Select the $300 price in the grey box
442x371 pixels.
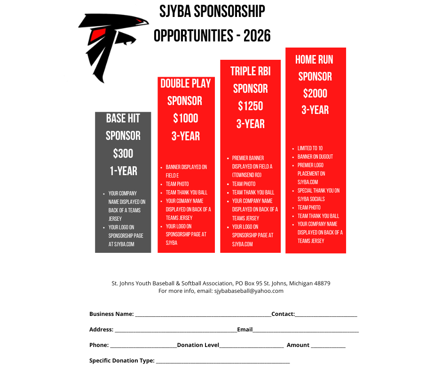(x=123, y=153)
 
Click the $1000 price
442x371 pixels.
(x=186, y=118)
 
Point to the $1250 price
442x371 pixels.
(x=251, y=106)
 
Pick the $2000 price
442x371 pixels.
(x=316, y=93)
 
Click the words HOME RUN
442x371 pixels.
(x=314, y=60)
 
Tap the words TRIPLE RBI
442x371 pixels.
(x=251, y=71)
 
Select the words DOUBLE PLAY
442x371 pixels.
(x=186, y=84)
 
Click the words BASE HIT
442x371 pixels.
(x=123, y=118)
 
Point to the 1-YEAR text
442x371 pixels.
(x=123, y=171)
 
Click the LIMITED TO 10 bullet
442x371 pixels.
(x=310, y=148)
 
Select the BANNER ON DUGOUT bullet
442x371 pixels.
(x=315, y=157)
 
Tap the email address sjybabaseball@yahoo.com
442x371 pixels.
(x=249, y=291)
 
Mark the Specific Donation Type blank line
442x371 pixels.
(x=222, y=362)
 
